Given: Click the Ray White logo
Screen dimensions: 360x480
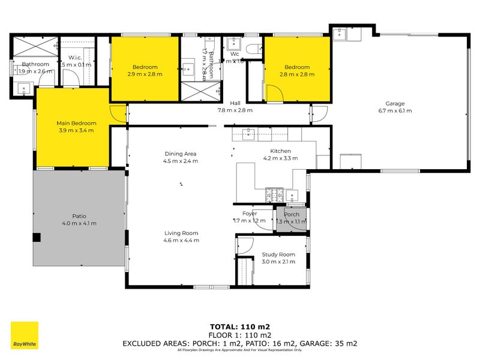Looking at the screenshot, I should (24, 335).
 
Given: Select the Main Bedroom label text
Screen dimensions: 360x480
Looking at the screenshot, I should (76, 123).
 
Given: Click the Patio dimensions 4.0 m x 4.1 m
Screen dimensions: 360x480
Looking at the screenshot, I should (79, 223).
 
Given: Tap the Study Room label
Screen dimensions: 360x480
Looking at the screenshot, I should (278, 254).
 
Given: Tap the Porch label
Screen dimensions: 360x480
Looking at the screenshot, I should (292, 214).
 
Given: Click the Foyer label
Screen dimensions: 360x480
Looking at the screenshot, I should (250, 213).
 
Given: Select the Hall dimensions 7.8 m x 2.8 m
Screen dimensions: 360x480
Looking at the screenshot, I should (235, 110).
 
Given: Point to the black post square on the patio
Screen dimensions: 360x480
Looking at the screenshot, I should (37, 237).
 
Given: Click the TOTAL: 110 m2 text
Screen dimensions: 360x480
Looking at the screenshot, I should (240, 327).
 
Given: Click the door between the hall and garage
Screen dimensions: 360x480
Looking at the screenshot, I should (319, 113).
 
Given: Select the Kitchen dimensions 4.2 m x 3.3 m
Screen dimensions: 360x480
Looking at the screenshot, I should (280, 159).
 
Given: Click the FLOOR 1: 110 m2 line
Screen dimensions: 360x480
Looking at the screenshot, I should (240, 335).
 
